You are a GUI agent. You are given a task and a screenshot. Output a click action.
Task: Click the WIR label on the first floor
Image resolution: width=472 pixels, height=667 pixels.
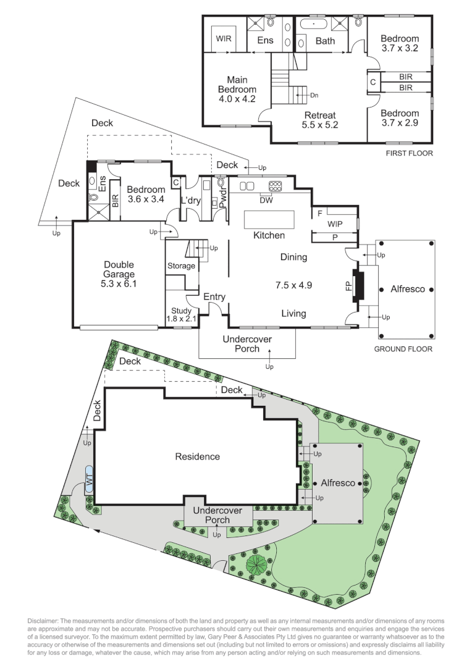point(223,38)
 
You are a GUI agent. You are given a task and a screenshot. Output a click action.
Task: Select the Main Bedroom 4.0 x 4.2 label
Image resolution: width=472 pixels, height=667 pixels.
point(232,90)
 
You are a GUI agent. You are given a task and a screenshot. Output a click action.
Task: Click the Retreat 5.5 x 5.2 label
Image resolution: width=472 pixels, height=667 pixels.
point(319,120)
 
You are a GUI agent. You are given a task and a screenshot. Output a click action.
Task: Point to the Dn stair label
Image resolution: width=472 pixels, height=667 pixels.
point(314,95)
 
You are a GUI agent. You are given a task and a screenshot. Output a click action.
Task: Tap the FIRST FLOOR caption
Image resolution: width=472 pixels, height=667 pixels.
point(408,153)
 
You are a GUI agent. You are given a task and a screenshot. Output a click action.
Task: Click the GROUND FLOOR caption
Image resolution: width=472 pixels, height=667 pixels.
point(403,349)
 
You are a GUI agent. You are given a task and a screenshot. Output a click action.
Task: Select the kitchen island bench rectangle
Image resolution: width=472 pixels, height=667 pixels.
point(271,220)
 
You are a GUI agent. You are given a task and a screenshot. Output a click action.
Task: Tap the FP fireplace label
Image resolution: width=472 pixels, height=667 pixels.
point(347,286)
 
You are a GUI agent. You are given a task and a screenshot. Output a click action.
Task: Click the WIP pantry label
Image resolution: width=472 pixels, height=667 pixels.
point(335,224)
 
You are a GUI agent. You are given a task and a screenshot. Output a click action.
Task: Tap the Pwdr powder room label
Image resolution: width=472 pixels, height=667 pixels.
point(222,199)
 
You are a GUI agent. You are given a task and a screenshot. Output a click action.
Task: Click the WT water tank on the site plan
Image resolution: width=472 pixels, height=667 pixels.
point(88,479)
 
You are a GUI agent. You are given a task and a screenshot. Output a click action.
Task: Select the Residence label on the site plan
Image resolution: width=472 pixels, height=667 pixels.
point(197,457)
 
